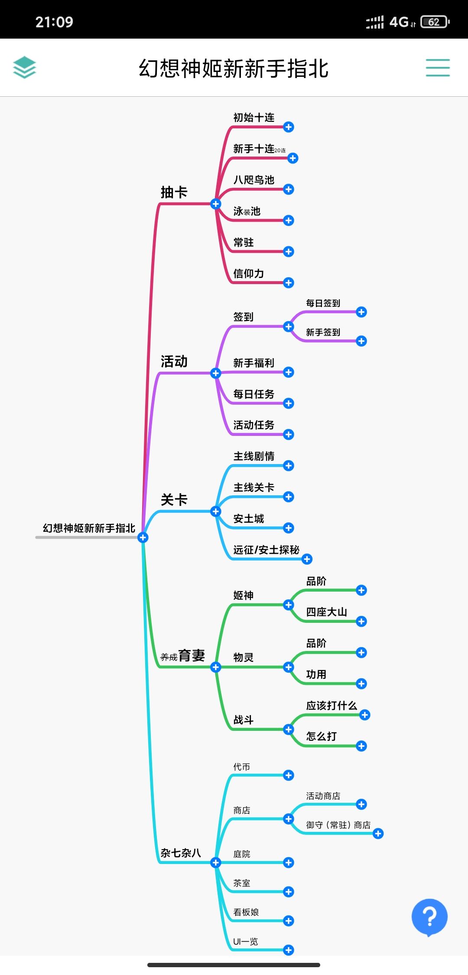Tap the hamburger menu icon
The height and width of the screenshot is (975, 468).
tap(438, 68)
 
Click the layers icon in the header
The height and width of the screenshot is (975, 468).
tap(24, 67)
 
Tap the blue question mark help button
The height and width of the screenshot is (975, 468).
tap(429, 916)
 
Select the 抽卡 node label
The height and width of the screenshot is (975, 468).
tap(174, 192)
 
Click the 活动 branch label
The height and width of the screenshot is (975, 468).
tap(174, 361)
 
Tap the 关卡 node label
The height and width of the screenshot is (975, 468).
tap(174, 500)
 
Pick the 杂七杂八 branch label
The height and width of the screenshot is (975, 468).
tap(181, 853)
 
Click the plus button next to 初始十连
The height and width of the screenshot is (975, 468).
tap(289, 127)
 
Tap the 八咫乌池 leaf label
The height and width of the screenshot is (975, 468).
tap(254, 180)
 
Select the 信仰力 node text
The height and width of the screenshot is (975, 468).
tap(249, 274)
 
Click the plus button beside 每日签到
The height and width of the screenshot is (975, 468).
tap(361, 312)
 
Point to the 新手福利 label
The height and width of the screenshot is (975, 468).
tap(254, 363)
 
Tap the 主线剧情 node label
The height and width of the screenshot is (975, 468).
tap(254, 456)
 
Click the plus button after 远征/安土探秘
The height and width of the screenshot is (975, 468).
tap(307, 559)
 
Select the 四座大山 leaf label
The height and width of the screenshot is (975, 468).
tap(327, 612)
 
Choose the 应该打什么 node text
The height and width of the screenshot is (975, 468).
tap(331, 706)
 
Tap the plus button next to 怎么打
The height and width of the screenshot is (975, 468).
tap(361, 746)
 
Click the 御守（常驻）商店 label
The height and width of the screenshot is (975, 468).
tap(338, 825)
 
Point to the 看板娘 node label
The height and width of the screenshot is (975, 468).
tap(246, 912)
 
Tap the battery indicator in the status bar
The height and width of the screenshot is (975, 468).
tap(435, 22)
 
